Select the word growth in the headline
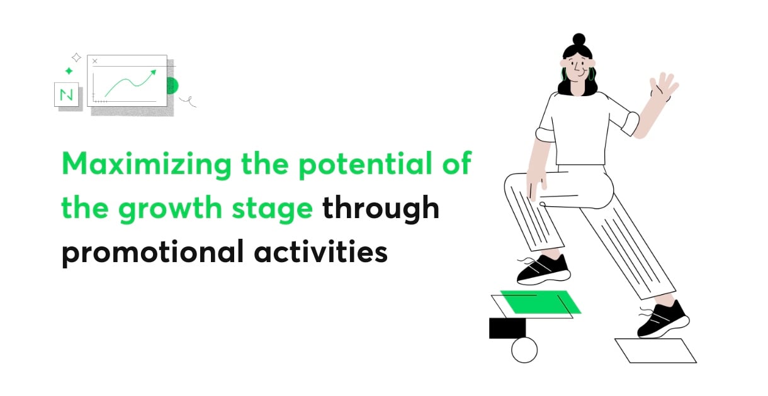(171, 209)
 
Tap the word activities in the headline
(320, 252)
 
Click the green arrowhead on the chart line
(153, 72)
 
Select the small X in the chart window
(95, 61)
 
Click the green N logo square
(67, 94)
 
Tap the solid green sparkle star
(69, 71)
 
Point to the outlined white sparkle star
(76, 57)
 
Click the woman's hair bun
(579, 40)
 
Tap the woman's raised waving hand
(665, 87)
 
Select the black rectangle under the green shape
(507, 328)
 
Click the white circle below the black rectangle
(524, 349)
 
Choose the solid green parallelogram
(541, 302)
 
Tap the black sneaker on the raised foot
(543, 270)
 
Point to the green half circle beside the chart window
(172, 85)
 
